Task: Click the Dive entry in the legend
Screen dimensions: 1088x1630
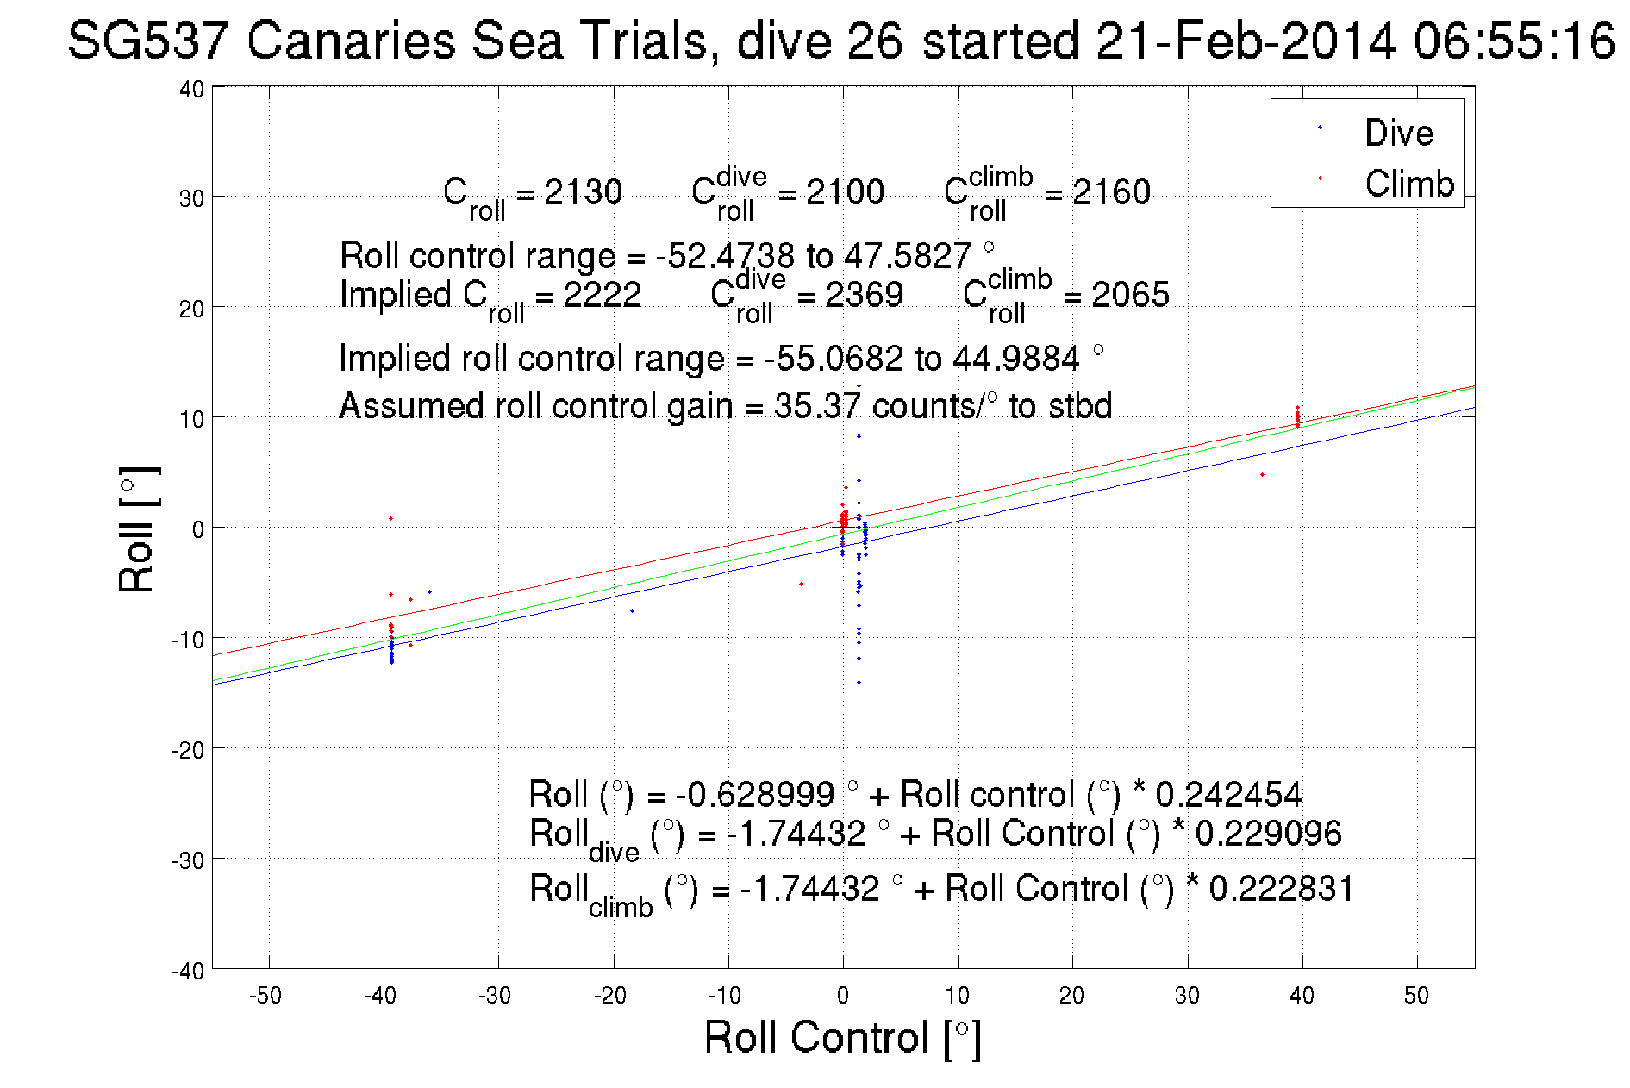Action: [1398, 133]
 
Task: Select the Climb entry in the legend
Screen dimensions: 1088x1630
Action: [1408, 184]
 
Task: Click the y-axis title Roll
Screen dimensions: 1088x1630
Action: [138, 529]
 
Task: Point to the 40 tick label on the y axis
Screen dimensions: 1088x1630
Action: [191, 89]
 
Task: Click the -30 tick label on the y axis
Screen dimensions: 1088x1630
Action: [188, 860]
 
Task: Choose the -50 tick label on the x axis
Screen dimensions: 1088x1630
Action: [265, 996]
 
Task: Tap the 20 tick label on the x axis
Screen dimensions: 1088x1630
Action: [1071, 996]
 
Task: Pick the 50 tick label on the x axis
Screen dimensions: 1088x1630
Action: [1416, 996]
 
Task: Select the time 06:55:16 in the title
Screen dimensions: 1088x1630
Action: [1514, 41]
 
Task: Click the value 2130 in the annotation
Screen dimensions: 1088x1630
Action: [583, 192]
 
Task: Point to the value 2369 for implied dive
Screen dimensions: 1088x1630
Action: [864, 295]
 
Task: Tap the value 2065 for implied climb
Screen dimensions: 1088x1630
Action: [1130, 295]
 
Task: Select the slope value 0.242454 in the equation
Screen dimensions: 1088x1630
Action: [1228, 794]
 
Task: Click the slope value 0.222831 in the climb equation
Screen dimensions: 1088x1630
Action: [1282, 889]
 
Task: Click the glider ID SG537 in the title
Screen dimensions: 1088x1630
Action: [148, 41]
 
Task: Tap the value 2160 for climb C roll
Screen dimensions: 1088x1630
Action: [1111, 192]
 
